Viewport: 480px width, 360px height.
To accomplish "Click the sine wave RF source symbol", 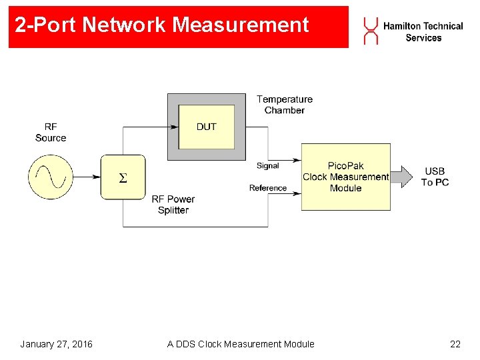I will pyautogui.click(x=50, y=177).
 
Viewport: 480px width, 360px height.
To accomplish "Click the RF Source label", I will pyautogui.click(x=51, y=132).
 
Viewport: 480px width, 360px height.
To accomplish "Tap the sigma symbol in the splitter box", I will pyautogui.click(x=122, y=177).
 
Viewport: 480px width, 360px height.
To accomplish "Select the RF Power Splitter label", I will pyautogui.click(x=173, y=205).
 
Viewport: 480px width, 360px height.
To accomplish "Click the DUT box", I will pyautogui.click(x=207, y=127).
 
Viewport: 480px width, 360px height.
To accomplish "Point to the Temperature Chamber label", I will pyautogui.click(x=285, y=105).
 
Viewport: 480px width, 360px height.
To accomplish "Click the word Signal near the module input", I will pyautogui.click(x=267, y=165).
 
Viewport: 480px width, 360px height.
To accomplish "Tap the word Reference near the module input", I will pyautogui.click(x=268, y=188).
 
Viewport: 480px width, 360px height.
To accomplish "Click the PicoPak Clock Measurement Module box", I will pyautogui.click(x=345, y=177).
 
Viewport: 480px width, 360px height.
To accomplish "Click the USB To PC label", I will pyautogui.click(x=435, y=177).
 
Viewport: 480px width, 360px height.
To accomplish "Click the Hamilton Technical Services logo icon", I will pyautogui.click(x=370, y=31).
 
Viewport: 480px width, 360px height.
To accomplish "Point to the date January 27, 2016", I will pyautogui.click(x=57, y=344).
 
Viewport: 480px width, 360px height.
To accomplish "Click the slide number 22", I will pyautogui.click(x=455, y=344).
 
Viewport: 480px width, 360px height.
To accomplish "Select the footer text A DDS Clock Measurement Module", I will pyautogui.click(x=241, y=344).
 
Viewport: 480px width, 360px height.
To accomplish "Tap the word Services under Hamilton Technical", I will pyautogui.click(x=423, y=38).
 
